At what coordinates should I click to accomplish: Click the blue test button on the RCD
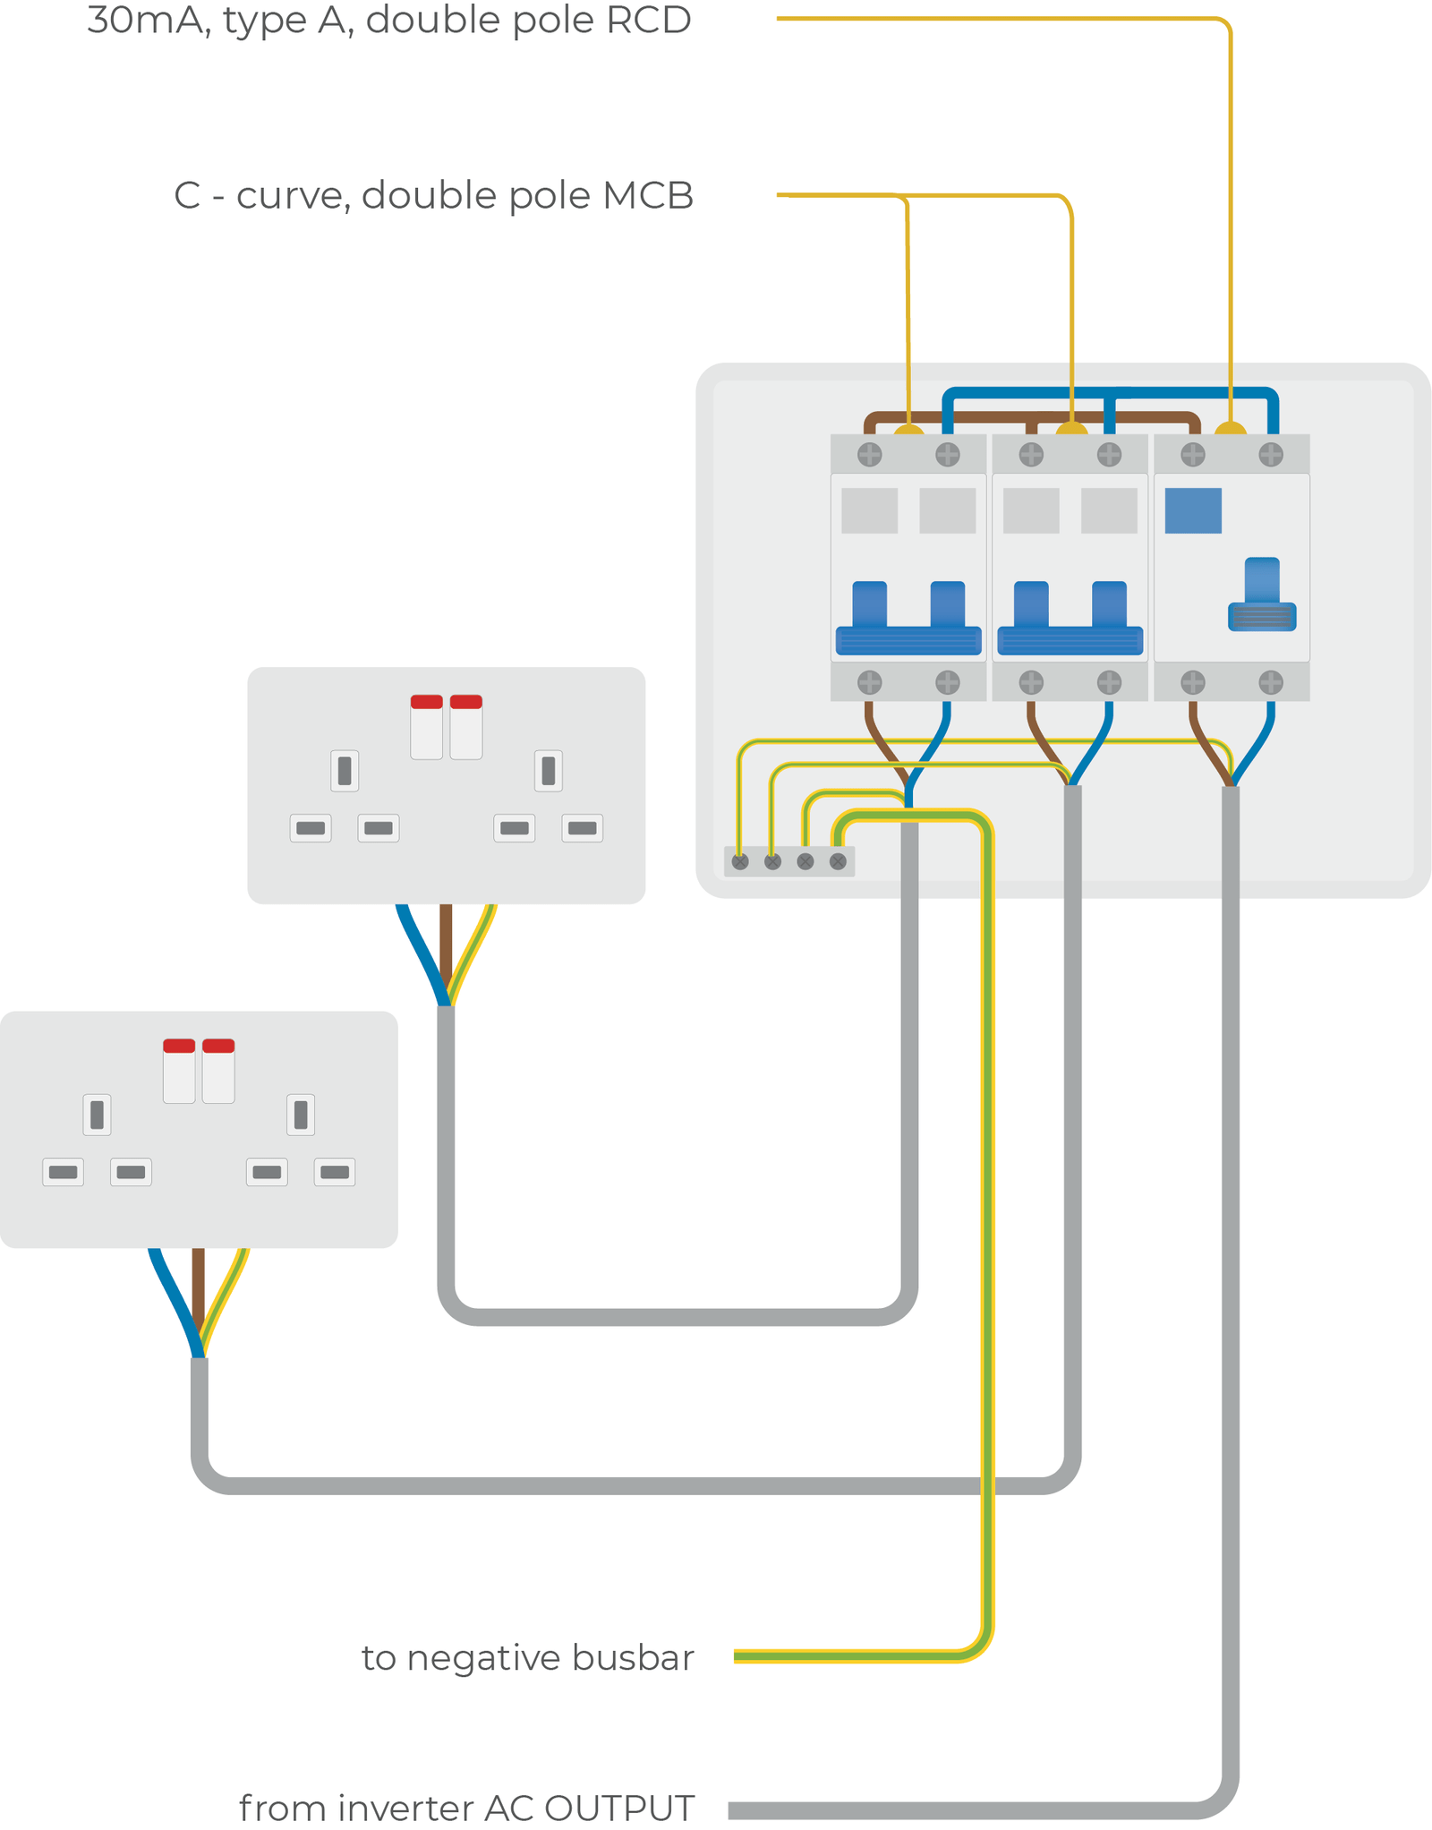click(1193, 510)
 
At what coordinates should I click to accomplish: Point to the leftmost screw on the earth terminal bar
click(740, 861)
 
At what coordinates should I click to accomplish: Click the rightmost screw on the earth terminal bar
click(838, 861)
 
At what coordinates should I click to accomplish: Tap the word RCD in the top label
click(648, 20)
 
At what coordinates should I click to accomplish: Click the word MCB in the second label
click(648, 195)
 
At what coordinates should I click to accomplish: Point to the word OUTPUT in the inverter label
click(618, 1809)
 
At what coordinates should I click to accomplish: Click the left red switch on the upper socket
click(426, 703)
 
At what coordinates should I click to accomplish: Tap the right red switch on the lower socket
click(218, 1047)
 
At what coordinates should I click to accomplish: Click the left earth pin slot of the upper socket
click(345, 770)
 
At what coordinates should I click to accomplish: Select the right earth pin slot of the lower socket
click(301, 1115)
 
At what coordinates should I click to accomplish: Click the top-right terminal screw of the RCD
click(1271, 455)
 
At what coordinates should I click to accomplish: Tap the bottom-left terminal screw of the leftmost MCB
click(870, 683)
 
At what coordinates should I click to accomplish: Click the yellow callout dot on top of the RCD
click(1231, 432)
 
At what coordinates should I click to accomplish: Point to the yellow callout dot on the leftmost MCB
click(909, 432)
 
